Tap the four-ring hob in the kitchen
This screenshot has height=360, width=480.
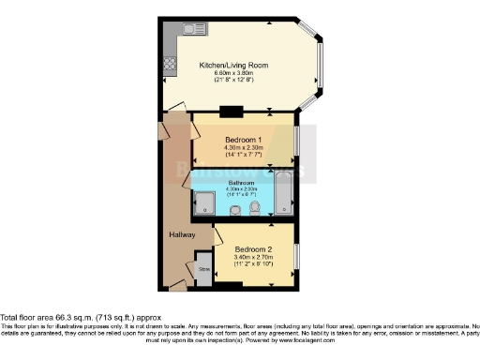tap(171, 65)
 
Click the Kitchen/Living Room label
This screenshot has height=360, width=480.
tap(233, 65)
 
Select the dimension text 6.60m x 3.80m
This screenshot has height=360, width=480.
tap(233, 73)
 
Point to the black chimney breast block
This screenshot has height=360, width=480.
tap(231, 112)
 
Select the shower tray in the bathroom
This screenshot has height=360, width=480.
tap(204, 203)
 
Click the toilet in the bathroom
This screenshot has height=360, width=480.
tap(255, 209)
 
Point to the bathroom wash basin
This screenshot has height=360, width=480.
tap(234, 210)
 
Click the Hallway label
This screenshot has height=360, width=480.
tap(182, 234)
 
